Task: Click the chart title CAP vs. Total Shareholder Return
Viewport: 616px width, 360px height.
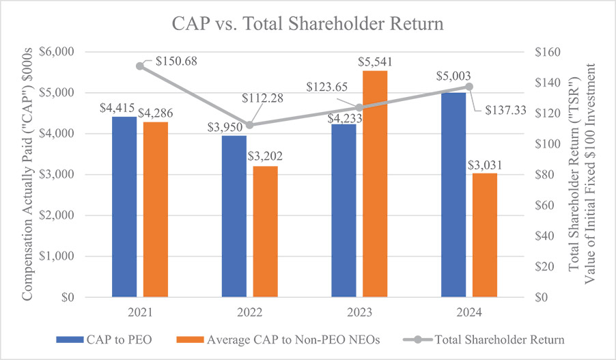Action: click(307, 24)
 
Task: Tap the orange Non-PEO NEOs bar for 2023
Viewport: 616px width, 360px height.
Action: click(375, 184)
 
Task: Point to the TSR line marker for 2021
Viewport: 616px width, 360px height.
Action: click(140, 66)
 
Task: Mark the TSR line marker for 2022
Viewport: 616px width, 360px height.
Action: click(250, 125)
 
